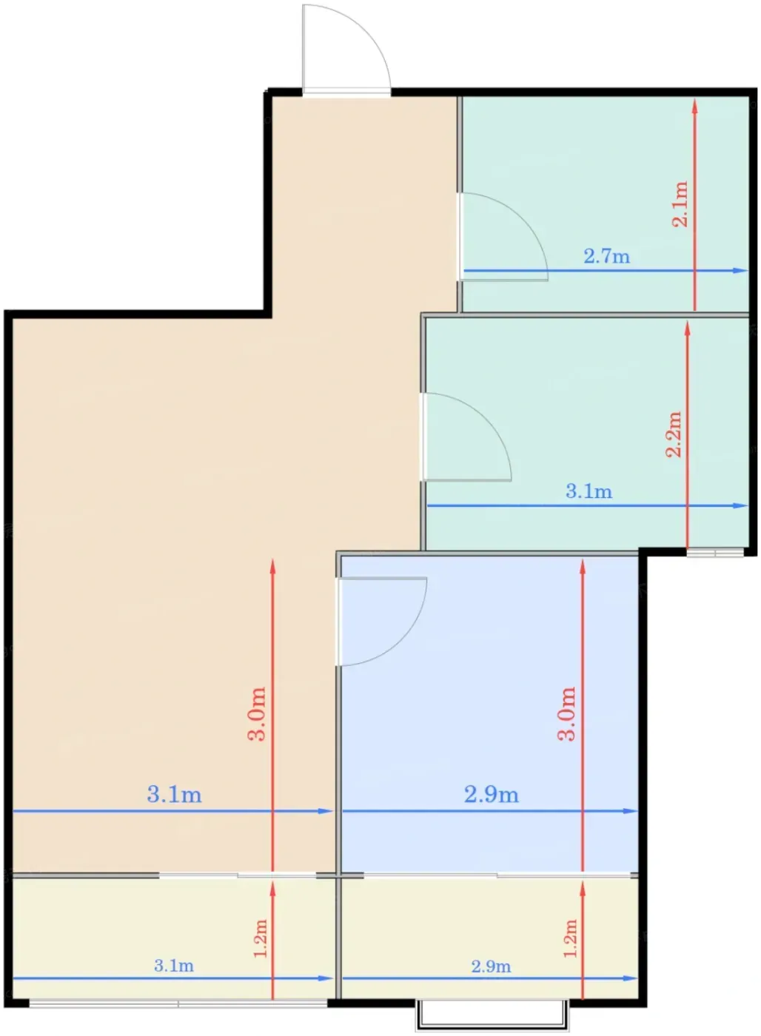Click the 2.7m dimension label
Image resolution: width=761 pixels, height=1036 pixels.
[606, 256]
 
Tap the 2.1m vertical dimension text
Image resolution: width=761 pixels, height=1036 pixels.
[680, 203]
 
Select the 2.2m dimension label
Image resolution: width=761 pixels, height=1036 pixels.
[674, 434]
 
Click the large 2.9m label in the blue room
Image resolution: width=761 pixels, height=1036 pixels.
[492, 795]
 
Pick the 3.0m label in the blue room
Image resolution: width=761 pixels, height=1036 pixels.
[567, 713]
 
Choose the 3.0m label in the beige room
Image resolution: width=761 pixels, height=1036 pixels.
[257, 713]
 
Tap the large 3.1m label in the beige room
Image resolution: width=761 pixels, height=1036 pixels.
[175, 795]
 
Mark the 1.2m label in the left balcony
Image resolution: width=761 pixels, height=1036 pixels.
[261, 938]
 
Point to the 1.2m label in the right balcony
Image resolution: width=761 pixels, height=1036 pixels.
[571, 938]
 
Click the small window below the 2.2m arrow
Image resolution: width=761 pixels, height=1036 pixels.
[715, 553]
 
